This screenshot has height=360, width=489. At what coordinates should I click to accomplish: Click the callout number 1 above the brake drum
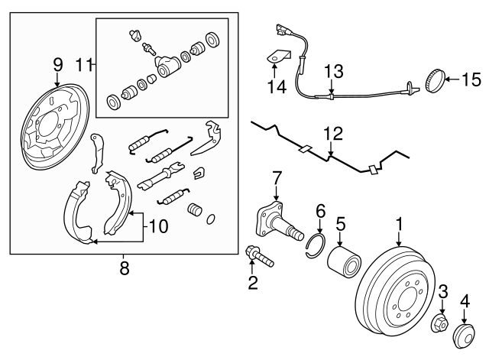point(398,224)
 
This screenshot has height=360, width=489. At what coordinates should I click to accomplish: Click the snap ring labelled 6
point(315,250)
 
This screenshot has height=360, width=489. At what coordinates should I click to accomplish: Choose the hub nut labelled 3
point(442,325)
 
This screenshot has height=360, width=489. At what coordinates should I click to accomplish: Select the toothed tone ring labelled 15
point(434,78)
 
